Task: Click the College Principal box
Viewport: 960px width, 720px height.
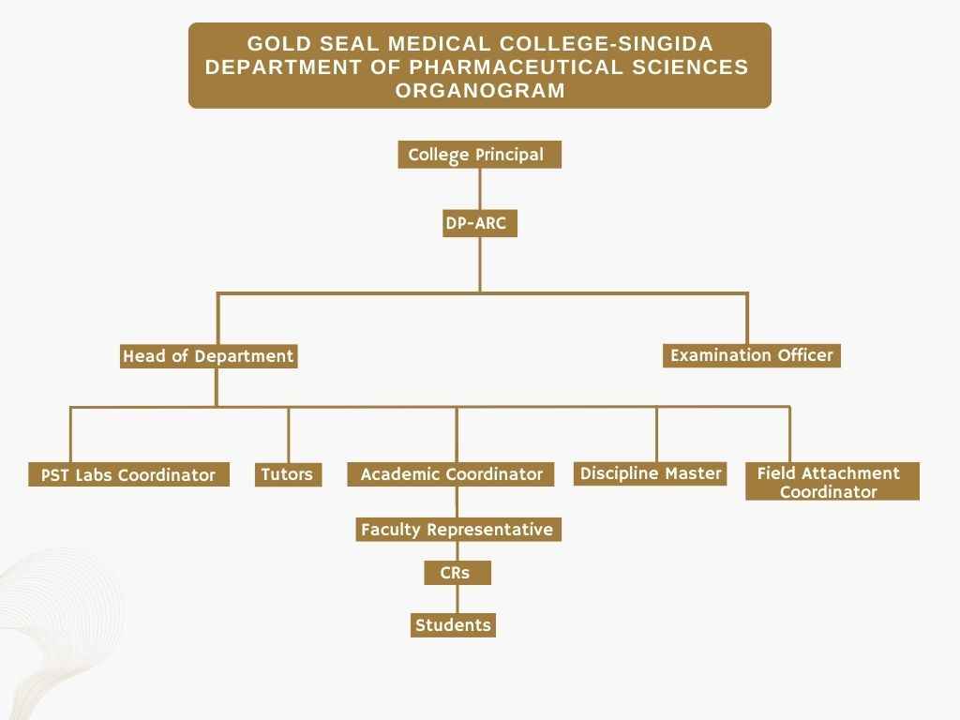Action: (x=479, y=155)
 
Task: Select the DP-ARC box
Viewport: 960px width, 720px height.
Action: (x=480, y=223)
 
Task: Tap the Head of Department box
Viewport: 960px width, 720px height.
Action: (x=209, y=355)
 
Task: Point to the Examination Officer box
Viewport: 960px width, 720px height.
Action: (x=752, y=355)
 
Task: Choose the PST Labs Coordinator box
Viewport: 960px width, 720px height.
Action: (x=128, y=474)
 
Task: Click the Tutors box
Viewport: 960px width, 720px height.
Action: (x=288, y=473)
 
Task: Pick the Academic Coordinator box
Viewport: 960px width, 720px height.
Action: (x=451, y=473)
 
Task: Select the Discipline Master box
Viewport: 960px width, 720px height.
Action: (x=651, y=473)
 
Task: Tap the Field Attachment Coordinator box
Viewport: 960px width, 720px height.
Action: (x=832, y=481)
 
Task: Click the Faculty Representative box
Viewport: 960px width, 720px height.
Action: (x=457, y=529)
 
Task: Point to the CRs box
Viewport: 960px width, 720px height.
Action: (x=457, y=573)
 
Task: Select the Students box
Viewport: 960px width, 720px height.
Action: (x=453, y=625)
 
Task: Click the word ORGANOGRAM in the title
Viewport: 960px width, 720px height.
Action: (x=480, y=90)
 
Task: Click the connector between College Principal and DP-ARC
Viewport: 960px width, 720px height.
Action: (x=480, y=188)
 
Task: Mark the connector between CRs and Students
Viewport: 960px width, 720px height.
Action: (x=457, y=599)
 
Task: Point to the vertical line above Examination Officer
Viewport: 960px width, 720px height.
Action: (x=747, y=319)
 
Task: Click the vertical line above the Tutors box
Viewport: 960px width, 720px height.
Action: (x=289, y=435)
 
